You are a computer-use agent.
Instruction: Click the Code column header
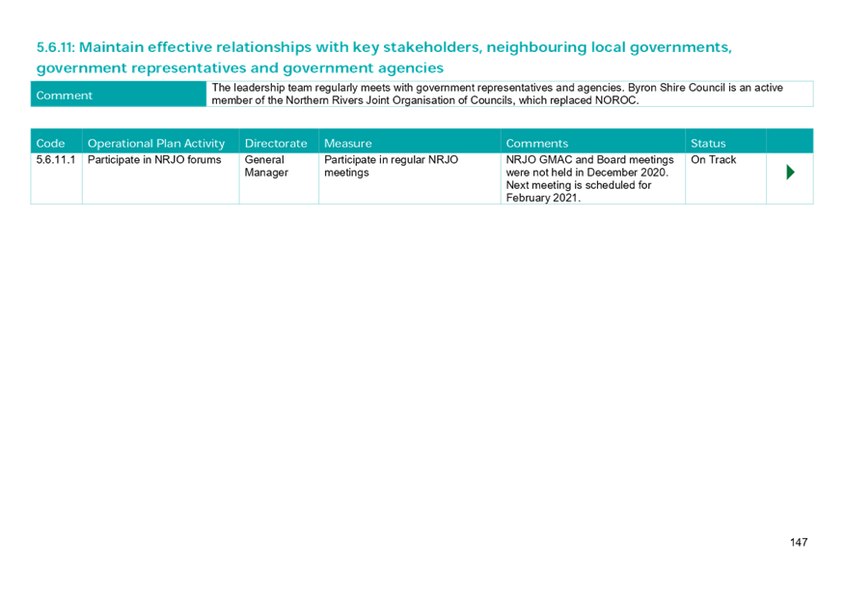[x=50, y=143]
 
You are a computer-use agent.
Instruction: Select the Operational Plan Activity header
[x=156, y=143]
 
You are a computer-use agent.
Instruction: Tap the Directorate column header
[x=276, y=143]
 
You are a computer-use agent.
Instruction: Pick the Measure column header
[x=347, y=143]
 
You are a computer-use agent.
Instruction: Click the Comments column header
[x=536, y=143]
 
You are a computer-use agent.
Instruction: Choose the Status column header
[x=708, y=143]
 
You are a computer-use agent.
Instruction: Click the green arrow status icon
[x=790, y=173]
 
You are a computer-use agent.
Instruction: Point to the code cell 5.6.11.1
[x=55, y=160]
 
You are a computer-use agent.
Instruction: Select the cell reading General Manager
[x=265, y=166]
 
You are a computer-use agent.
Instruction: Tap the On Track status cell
[x=714, y=160]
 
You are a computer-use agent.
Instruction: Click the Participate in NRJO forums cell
[x=154, y=160]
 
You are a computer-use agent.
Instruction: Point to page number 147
[x=798, y=542]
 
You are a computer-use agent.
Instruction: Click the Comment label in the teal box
[x=64, y=95]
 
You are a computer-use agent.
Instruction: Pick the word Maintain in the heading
[x=110, y=46]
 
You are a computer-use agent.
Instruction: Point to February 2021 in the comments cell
[x=541, y=198]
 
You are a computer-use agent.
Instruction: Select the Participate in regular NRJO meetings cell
[x=391, y=166]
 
